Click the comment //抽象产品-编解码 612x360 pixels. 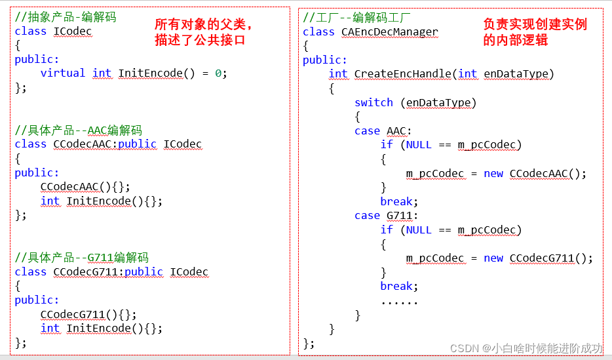[x=66, y=17]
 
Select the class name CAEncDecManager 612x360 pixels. [x=390, y=31]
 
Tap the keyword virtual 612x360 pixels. [x=63, y=73]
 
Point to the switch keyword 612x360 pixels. [x=373, y=102]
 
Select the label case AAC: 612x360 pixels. [x=383, y=131]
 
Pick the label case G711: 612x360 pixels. [x=386, y=216]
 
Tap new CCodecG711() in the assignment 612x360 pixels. [x=538, y=258]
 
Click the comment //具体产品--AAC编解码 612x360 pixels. [x=78, y=130]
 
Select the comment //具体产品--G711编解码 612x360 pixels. [x=81, y=257]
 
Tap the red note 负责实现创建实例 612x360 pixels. [x=535, y=25]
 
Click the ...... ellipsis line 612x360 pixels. [x=399, y=301]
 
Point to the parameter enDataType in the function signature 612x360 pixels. [x=516, y=74]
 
